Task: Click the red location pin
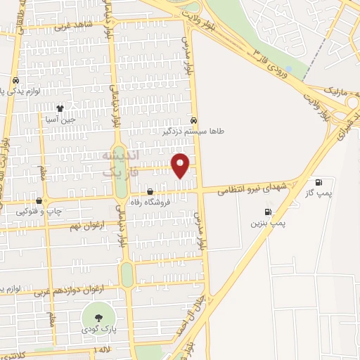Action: pyautogui.click(x=181, y=164)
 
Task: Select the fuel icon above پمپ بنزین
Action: pyautogui.click(x=267, y=212)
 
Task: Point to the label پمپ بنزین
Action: pyautogui.click(x=268, y=223)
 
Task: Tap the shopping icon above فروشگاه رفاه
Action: pyautogui.click(x=150, y=192)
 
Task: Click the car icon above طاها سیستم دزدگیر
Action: pyautogui.click(x=193, y=120)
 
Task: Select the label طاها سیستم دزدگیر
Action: pyautogui.click(x=169, y=130)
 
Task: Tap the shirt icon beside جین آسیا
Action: pyautogui.click(x=60, y=109)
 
